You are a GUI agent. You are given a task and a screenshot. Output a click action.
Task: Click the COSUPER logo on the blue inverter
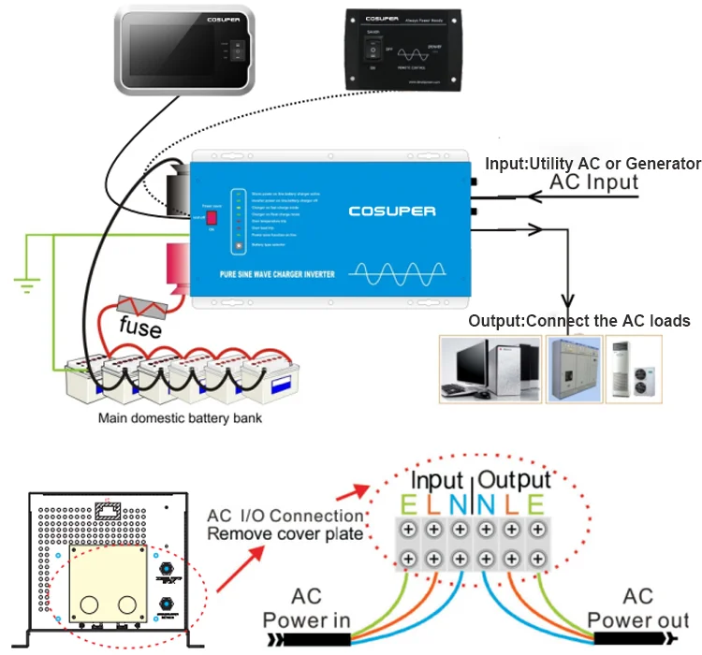(x=392, y=211)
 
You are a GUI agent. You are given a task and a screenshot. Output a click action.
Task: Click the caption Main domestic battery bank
(x=181, y=418)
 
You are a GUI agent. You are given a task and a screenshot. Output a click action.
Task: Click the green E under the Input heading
(x=407, y=506)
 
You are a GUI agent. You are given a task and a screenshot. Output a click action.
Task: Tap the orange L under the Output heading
(x=512, y=506)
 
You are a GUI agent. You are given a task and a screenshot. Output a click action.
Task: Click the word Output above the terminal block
(x=514, y=481)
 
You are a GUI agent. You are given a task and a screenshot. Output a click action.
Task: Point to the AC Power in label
(x=305, y=608)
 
